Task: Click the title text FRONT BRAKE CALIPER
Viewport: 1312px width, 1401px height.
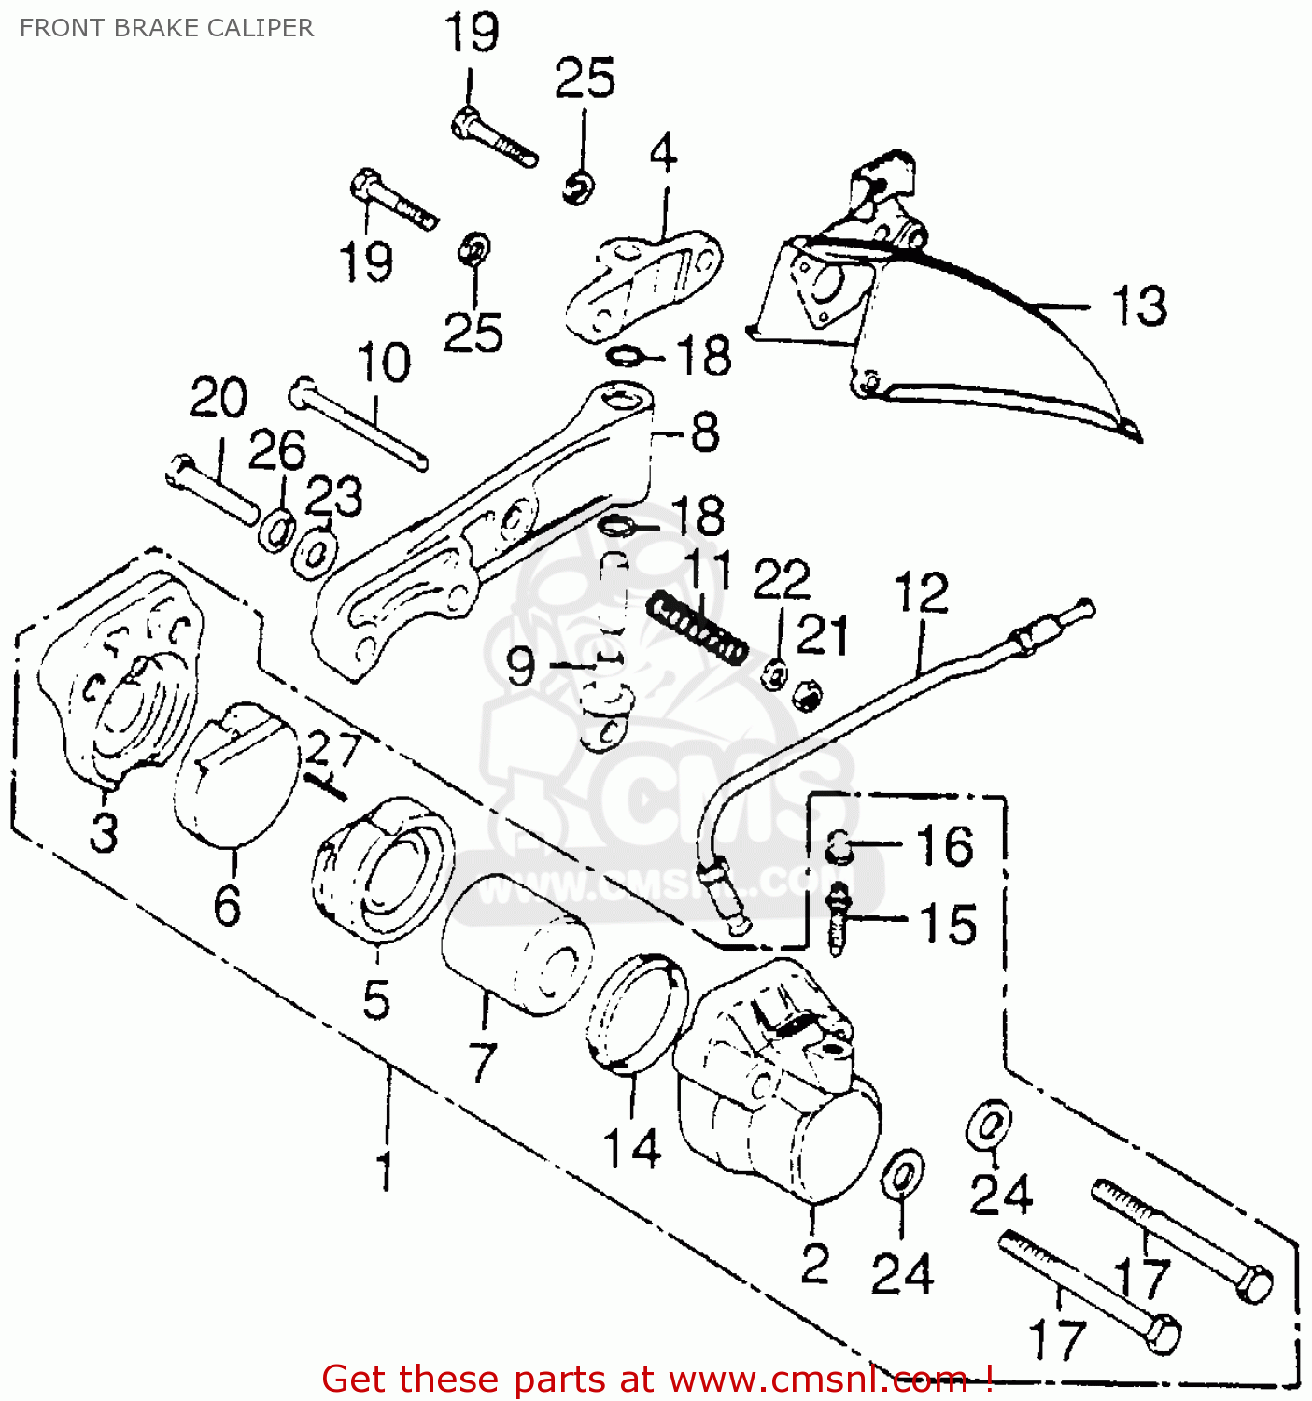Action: (x=166, y=28)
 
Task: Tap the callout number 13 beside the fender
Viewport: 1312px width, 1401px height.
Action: (x=1138, y=306)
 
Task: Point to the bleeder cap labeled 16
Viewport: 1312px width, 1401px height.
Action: (x=839, y=845)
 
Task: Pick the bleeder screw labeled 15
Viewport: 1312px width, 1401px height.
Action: (x=839, y=920)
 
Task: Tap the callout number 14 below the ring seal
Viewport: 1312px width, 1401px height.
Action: (x=632, y=1147)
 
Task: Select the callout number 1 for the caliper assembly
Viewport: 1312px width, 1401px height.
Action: (x=385, y=1170)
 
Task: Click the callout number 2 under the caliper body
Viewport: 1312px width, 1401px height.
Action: (x=814, y=1264)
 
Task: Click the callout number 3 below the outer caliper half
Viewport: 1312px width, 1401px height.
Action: (x=104, y=831)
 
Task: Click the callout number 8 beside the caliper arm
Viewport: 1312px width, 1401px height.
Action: (x=705, y=432)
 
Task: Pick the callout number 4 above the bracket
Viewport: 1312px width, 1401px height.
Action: (x=663, y=152)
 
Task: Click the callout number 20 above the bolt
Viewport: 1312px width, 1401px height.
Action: (x=219, y=399)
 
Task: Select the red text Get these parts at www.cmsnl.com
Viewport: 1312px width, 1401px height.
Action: (x=656, y=1379)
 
